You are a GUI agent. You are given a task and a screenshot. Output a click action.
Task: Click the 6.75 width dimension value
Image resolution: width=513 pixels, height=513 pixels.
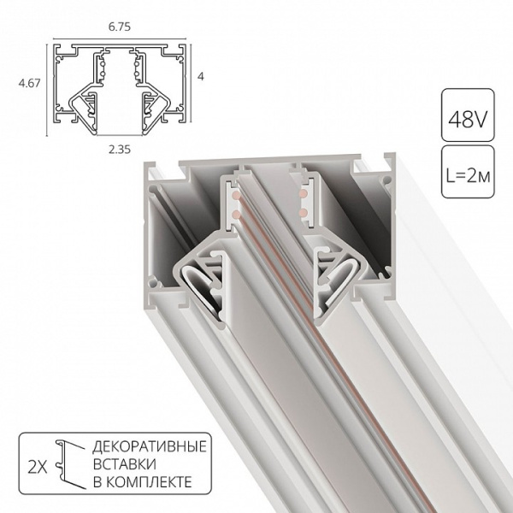pyautogui.click(x=118, y=27)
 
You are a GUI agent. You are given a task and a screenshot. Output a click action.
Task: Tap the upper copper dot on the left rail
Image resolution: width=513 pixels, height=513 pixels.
pyautogui.click(x=233, y=196)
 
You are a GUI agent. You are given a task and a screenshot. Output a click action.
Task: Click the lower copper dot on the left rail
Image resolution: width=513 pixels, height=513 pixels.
pyautogui.click(x=233, y=209)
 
